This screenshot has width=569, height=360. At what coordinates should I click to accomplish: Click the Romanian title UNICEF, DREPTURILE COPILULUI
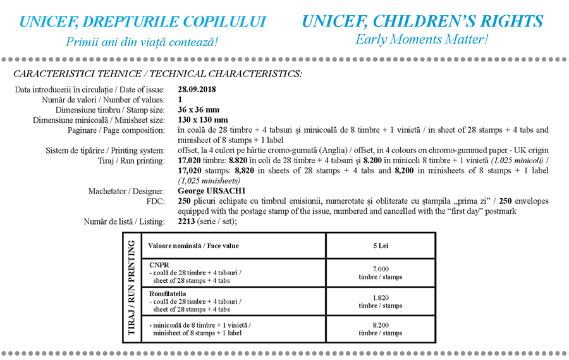coord(143,22)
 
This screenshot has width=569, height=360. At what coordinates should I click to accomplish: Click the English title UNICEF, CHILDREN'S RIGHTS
coord(422,22)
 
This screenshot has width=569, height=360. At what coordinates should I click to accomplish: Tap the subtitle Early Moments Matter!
coord(422,39)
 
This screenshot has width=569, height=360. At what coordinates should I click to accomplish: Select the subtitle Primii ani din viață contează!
coord(142,42)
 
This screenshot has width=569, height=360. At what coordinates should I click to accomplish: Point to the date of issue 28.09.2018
coord(197,90)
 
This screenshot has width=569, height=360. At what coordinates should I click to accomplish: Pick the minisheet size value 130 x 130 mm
coord(203,120)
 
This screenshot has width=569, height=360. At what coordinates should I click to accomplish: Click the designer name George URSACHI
coord(212,190)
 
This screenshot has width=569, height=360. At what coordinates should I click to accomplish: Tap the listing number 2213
coord(188,221)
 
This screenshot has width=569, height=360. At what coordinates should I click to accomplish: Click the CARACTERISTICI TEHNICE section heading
coord(157,74)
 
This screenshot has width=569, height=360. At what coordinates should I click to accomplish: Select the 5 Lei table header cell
coord(381,245)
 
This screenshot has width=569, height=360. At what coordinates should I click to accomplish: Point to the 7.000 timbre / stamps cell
coord(381,273)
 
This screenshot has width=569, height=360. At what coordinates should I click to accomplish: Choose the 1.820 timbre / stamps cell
coord(381,301)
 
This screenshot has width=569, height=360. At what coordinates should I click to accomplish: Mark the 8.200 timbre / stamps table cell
coord(381,329)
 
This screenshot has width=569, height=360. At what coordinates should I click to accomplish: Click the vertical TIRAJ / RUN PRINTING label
coord(132,287)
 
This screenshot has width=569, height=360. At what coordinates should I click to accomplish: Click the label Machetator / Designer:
coord(126,190)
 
